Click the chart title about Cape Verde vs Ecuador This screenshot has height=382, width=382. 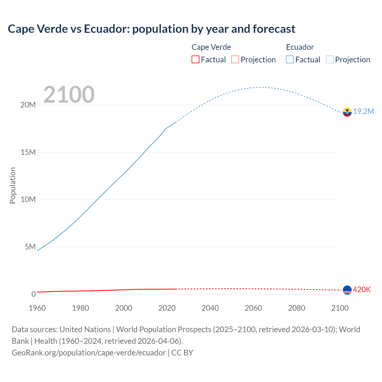[151, 29]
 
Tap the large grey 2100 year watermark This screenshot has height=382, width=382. [69, 95]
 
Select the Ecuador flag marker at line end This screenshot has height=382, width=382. [347, 112]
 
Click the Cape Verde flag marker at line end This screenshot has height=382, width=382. [347, 290]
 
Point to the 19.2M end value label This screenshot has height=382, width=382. [363, 112]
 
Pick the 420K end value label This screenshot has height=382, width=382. [362, 290]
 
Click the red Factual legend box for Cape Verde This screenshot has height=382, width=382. [195, 60]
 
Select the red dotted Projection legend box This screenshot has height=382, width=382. [235, 60]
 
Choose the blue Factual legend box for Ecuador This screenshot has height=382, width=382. [290, 60]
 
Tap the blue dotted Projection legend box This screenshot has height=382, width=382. [330, 60]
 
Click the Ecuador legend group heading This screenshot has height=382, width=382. [300, 47]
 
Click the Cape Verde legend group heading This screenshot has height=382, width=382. [211, 47]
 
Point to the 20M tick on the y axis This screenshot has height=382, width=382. [28, 105]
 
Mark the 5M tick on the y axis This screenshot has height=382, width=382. [30, 247]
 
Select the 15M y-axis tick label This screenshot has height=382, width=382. [28, 153]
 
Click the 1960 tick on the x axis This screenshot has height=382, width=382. [37, 308]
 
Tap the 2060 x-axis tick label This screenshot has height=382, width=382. [253, 308]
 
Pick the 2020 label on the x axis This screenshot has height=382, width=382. [167, 308]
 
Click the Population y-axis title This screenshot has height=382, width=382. [13, 185]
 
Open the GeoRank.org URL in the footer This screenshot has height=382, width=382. [89, 353]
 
